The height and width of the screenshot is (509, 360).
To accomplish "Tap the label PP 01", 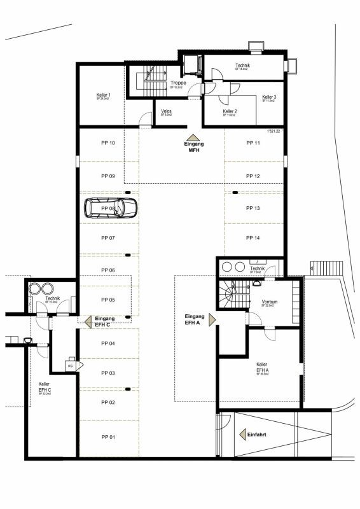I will point(107,437).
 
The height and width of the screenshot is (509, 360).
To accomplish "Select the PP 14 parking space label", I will point(253,237).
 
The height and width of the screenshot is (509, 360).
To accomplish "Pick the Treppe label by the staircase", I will point(177,83).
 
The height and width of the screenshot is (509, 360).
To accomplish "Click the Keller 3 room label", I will point(269,97).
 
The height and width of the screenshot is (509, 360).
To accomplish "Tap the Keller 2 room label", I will point(230,111).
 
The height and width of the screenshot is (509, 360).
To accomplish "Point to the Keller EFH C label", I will point(45,386).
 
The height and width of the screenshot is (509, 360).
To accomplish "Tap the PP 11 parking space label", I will point(253,143).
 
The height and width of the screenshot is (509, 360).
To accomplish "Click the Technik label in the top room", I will point(242,66).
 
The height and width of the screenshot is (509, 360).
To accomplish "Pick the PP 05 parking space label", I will point(107,299).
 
